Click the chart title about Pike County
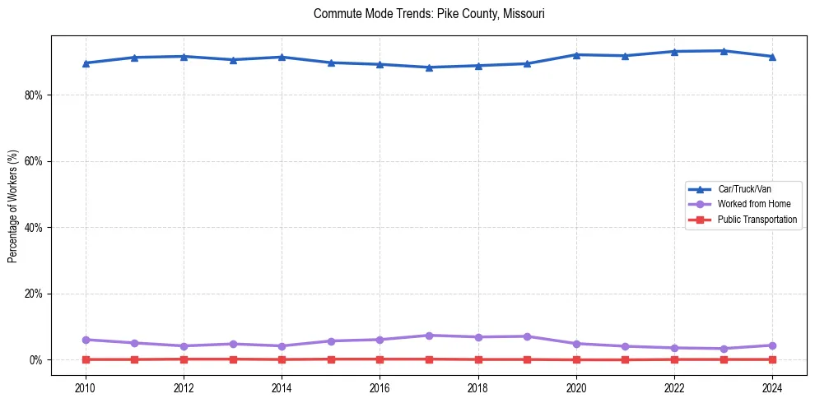429,14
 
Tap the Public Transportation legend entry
757,220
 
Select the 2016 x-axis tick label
380,387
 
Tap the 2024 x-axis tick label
772,387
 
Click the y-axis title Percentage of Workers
13,205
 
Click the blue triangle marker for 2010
86,63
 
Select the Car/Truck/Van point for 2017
429,67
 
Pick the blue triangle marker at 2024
772,57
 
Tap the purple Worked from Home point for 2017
429,336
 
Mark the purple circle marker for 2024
772,345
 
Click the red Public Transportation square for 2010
86,359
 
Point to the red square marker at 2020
576,359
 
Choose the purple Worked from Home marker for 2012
184,346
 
